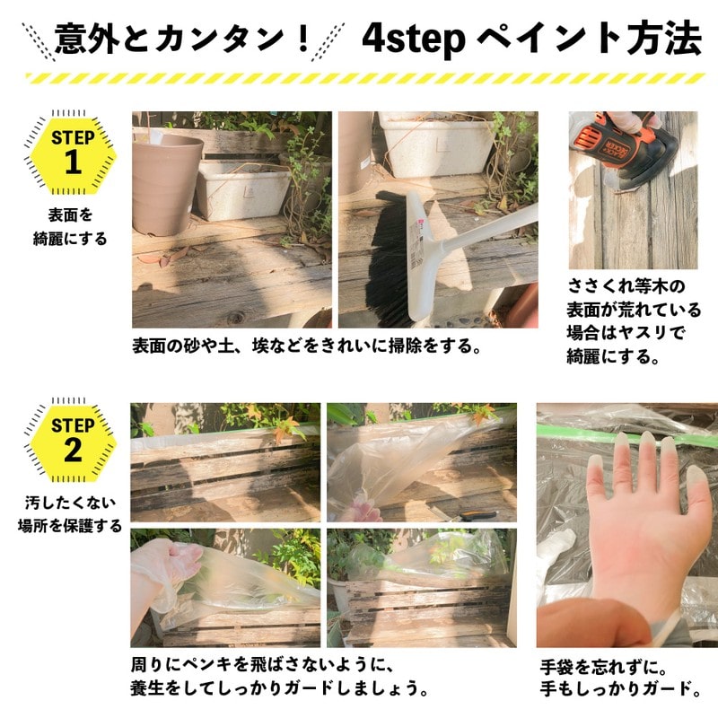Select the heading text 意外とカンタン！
(183, 39)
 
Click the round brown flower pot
(166, 179)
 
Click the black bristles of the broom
(381, 269)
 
